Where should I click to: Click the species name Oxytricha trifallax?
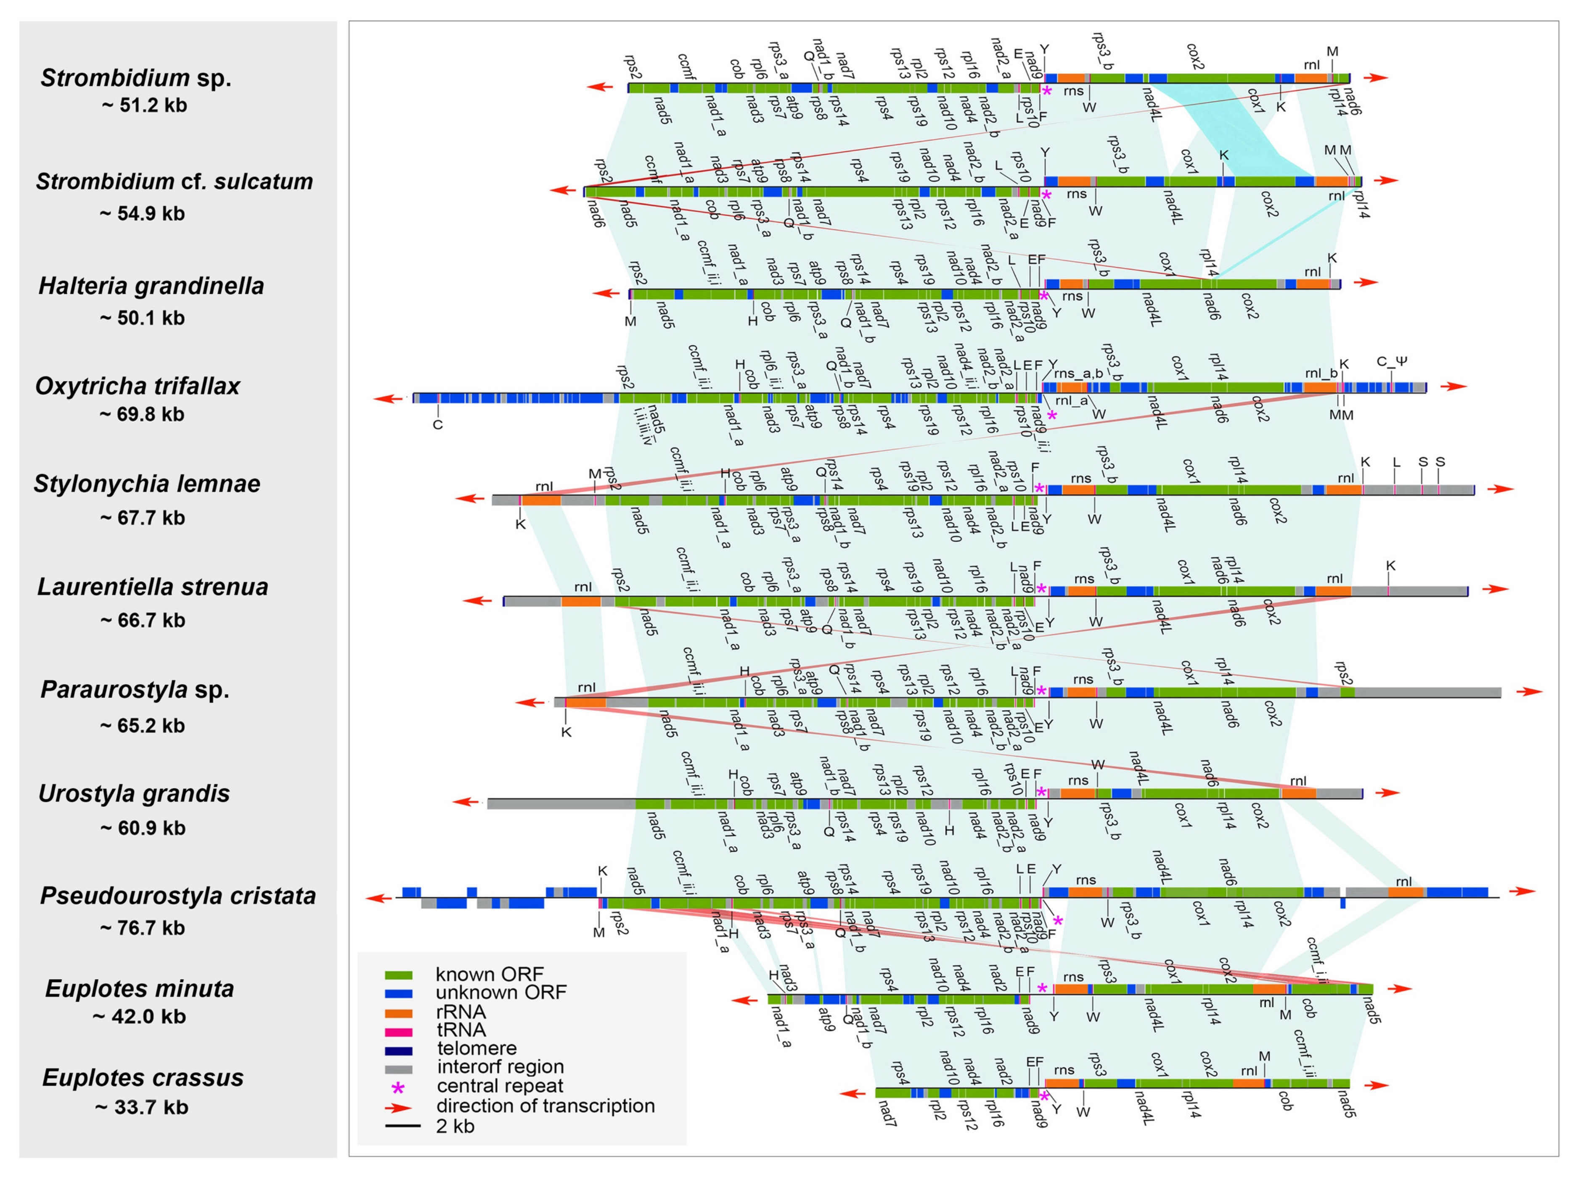(138, 387)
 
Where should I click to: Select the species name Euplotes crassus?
(143, 1077)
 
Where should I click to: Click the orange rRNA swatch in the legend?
(399, 1012)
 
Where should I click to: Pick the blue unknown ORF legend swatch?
(399, 993)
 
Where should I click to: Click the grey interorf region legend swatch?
(399, 1069)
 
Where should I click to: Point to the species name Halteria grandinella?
(151, 286)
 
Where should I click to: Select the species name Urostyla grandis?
(134, 793)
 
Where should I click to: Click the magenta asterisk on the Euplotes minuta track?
(1042, 988)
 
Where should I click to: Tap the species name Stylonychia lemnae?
(147, 484)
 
